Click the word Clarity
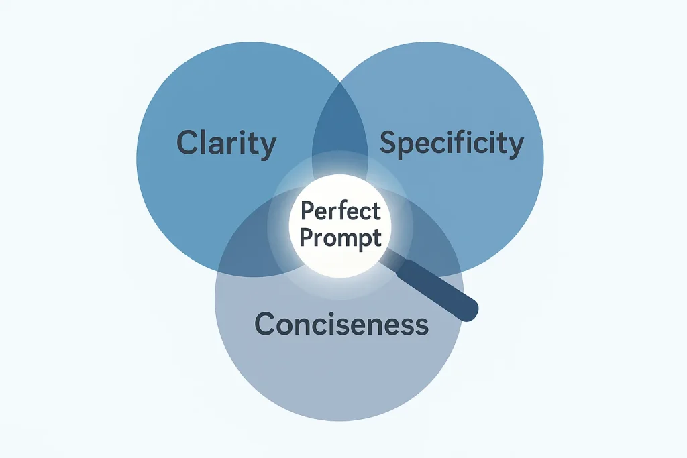tap(226, 144)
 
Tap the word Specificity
tap(452, 144)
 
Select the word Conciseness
tap(341, 325)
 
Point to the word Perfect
tap(340, 212)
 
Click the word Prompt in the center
tap(340, 237)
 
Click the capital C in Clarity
tap(188, 144)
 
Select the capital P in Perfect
tap(307, 212)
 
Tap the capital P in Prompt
tap(306, 237)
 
